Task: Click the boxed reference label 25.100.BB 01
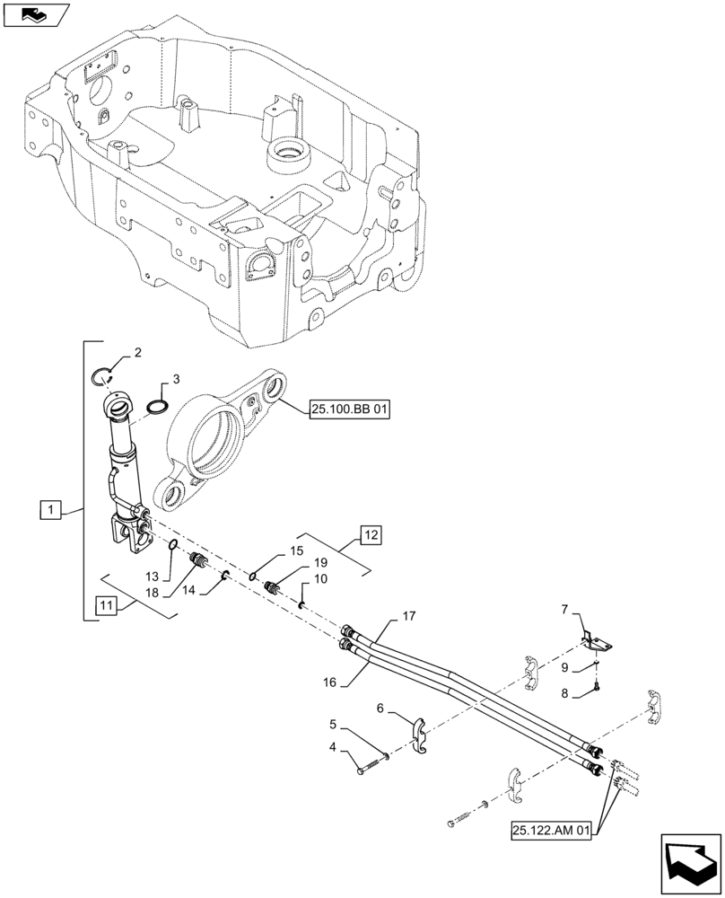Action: click(351, 411)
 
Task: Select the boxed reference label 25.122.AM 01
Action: click(552, 831)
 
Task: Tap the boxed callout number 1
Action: click(52, 510)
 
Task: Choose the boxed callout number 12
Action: click(371, 536)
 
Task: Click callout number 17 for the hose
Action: click(409, 616)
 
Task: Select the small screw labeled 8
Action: click(597, 689)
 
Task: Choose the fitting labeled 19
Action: click(272, 588)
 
